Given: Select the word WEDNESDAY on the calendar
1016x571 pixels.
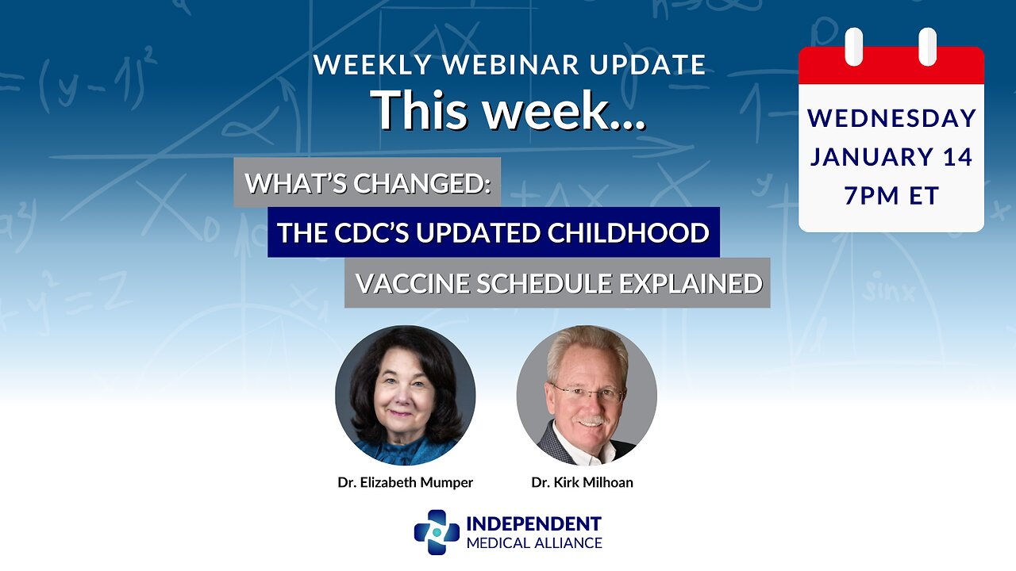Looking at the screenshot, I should (x=891, y=118).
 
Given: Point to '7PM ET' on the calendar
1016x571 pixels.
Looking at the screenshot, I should (x=891, y=194).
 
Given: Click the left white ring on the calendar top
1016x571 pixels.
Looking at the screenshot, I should (x=854, y=47).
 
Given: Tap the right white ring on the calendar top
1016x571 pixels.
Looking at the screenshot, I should (x=927, y=47).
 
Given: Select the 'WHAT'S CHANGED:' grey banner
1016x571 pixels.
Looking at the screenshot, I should (x=368, y=183).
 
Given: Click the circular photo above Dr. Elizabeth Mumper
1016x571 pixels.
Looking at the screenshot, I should (x=406, y=395).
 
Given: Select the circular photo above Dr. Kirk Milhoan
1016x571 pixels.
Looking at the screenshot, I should (x=587, y=395).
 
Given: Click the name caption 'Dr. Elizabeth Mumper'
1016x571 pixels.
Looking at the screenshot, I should (x=406, y=482).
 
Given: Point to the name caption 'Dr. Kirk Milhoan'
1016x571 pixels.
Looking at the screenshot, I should (x=583, y=482).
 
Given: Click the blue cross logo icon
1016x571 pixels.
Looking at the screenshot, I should (x=437, y=532).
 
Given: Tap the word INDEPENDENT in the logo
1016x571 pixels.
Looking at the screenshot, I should (x=533, y=524).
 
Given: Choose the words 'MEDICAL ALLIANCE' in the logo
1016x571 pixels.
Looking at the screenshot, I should (x=533, y=543).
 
